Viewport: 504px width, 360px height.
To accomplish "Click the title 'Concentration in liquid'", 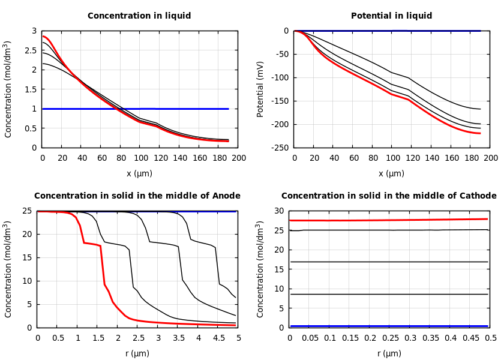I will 139,16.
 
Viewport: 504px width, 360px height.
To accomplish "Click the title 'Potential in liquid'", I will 391,16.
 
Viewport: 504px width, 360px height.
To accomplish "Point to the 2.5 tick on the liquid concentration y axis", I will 30,50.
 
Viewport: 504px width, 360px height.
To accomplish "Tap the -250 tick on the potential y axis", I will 279,148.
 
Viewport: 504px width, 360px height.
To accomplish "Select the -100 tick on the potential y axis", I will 279,77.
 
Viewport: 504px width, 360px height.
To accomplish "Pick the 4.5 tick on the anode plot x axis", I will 218,338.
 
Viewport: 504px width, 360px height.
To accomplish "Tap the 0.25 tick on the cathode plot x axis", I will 390,338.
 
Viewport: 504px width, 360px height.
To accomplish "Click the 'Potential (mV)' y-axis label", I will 260,89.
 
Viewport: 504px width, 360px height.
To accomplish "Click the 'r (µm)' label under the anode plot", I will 137,353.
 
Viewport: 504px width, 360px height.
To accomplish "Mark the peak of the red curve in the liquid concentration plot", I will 43,36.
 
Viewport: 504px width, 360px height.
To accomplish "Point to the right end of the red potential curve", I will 481,133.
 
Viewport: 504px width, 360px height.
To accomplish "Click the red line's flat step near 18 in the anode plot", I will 91,244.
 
